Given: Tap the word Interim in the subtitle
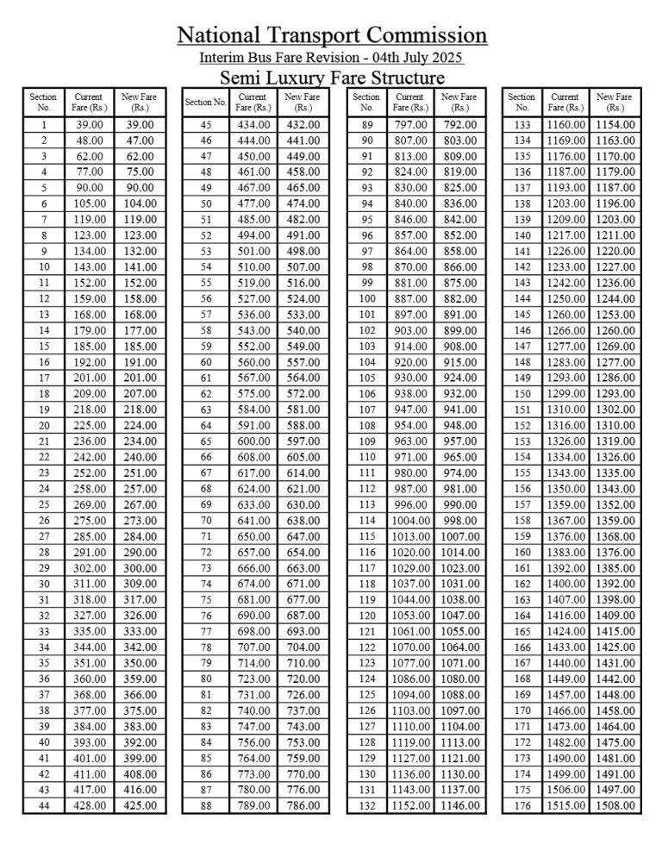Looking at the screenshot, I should click(x=222, y=58).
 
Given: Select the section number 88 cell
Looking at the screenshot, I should click(x=205, y=806).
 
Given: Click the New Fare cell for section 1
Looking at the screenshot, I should click(x=139, y=125).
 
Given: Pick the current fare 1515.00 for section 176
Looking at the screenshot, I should click(x=565, y=806).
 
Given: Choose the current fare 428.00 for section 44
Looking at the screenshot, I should click(x=90, y=806).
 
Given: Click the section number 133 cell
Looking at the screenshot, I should click(x=522, y=125).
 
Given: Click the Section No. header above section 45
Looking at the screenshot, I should click(x=205, y=103).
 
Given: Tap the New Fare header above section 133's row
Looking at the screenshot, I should click(x=615, y=103).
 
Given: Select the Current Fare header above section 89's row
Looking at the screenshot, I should click(x=410, y=103).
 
